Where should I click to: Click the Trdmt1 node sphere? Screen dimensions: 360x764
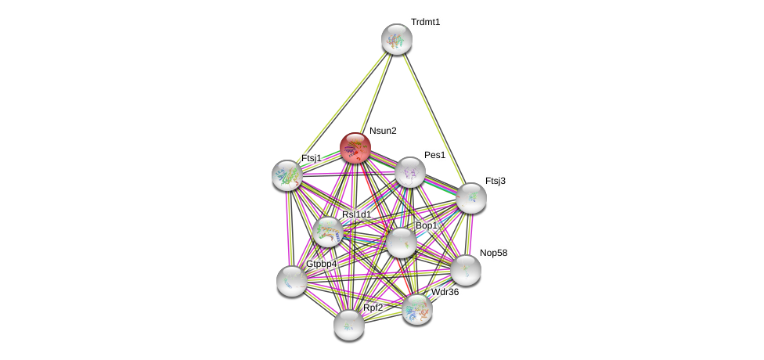coord(397,39)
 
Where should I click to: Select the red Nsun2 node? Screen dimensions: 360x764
coord(355,148)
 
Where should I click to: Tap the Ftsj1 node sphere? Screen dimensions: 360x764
coord(287,175)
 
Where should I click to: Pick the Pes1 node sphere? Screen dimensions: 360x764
coord(409,172)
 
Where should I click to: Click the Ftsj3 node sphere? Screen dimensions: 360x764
coord(470,198)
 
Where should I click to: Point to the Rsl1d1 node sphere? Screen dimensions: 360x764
coord(327,232)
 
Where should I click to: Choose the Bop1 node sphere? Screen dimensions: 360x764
coord(401,243)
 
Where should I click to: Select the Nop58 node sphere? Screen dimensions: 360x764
coord(466,270)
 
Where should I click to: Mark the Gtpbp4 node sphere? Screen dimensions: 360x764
coord(291,280)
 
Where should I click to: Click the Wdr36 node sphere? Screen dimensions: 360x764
coord(416,309)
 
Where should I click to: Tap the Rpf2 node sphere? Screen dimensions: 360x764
coord(348,324)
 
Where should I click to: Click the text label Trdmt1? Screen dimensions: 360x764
coord(425,22)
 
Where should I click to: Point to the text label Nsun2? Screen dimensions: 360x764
coord(383,131)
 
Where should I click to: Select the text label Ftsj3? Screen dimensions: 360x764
coord(496,181)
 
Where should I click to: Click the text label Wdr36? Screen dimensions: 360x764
coord(445,293)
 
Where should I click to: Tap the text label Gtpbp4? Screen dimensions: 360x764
coord(321,264)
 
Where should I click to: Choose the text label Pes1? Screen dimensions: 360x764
coord(434,155)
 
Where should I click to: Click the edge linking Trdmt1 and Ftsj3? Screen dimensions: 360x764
coord(434,118)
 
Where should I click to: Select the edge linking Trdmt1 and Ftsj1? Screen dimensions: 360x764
coord(342,106)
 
